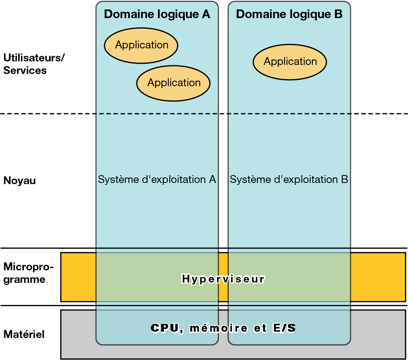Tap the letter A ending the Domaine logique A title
tap(206, 14)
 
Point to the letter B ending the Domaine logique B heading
tap(338, 14)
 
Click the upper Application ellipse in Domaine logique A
tap(141, 46)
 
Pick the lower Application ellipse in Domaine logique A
tap(173, 83)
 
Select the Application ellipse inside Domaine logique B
tap(290, 62)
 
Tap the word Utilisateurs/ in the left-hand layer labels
tap(34, 58)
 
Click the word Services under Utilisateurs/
tap(25, 70)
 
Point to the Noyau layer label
tap(20, 181)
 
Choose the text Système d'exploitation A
tap(157, 179)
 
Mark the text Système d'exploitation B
tap(289, 179)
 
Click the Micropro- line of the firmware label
tap(28, 267)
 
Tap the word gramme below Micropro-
tap(24, 279)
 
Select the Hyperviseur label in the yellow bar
tap(223, 279)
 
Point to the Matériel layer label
tap(24, 334)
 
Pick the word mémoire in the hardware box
tap(219, 328)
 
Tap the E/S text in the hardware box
tap(284, 328)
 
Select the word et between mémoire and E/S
tap(260, 329)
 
